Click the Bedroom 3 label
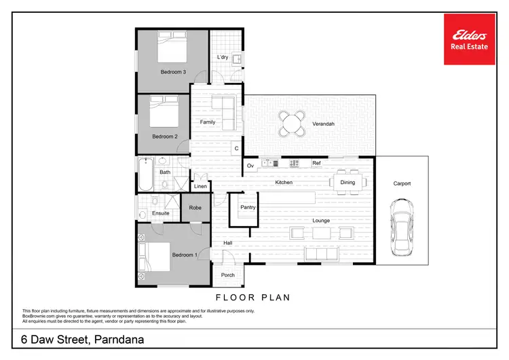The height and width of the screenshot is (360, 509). click(173, 71)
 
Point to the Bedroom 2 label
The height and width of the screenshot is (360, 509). click(164, 137)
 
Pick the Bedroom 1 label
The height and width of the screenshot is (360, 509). click(184, 255)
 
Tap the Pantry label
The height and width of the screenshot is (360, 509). click(248, 207)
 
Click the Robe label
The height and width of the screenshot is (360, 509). click(195, 208)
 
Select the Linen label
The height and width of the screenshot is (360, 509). click(200, 186)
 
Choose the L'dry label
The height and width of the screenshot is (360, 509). click(222, 57)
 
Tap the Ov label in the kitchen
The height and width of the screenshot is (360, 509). click(250, 165)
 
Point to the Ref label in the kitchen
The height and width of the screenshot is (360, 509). click(316, 164)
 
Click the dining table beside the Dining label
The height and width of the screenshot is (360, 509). click(347, 182)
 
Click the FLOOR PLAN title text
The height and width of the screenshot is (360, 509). click(252, 297)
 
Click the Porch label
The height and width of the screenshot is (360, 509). click(227, 275)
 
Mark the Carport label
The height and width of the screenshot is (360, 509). click(402, 183)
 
